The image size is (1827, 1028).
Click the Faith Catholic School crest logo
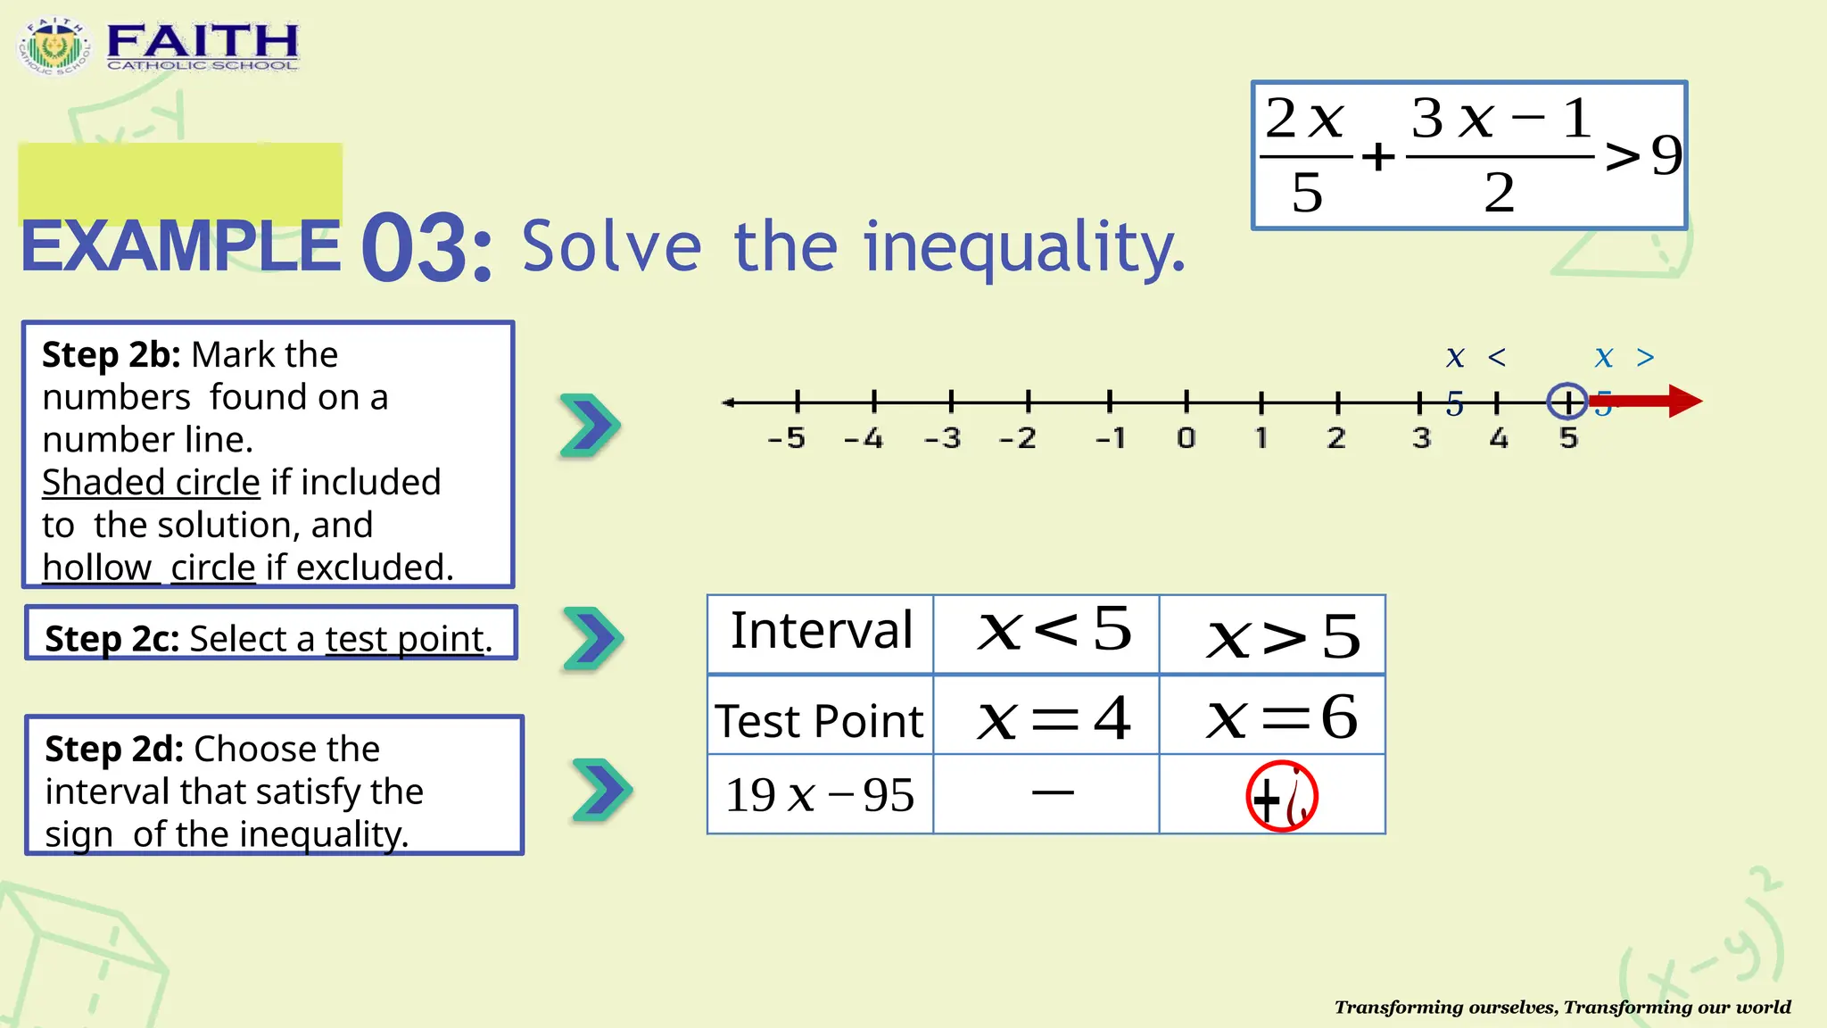click(x=54, y=46)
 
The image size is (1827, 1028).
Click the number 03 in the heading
click(x=426, y=248)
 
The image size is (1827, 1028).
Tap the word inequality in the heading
click(x=1024, y=248)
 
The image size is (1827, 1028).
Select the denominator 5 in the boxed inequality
click(x=1307, y=193)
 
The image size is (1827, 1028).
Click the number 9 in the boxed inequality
click(x=1666, y=155)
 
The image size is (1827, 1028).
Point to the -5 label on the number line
click(x=787, y=438)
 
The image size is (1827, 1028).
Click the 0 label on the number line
click(x=1186, y=438)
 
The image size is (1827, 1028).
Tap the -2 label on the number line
click(x=1018, y=438)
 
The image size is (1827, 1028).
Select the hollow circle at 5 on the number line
click(x=1567, y=402)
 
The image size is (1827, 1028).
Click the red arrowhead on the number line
click(x=1684, y=401)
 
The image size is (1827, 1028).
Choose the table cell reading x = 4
click(x=1053, y=717)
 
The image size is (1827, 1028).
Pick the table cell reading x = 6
click(x=1281, y=717)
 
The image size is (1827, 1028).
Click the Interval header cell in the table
click(x=821, y=632)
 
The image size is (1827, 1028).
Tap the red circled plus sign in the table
click(x=1281, y=796)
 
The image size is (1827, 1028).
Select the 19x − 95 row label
click(x=819, y=795)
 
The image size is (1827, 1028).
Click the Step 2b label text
click(x=112, y=355)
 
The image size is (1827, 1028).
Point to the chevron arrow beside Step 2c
click(x=592, y=638)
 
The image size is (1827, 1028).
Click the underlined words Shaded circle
click(x=151, y=483)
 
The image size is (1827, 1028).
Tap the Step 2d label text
click(x=113, y=750)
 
